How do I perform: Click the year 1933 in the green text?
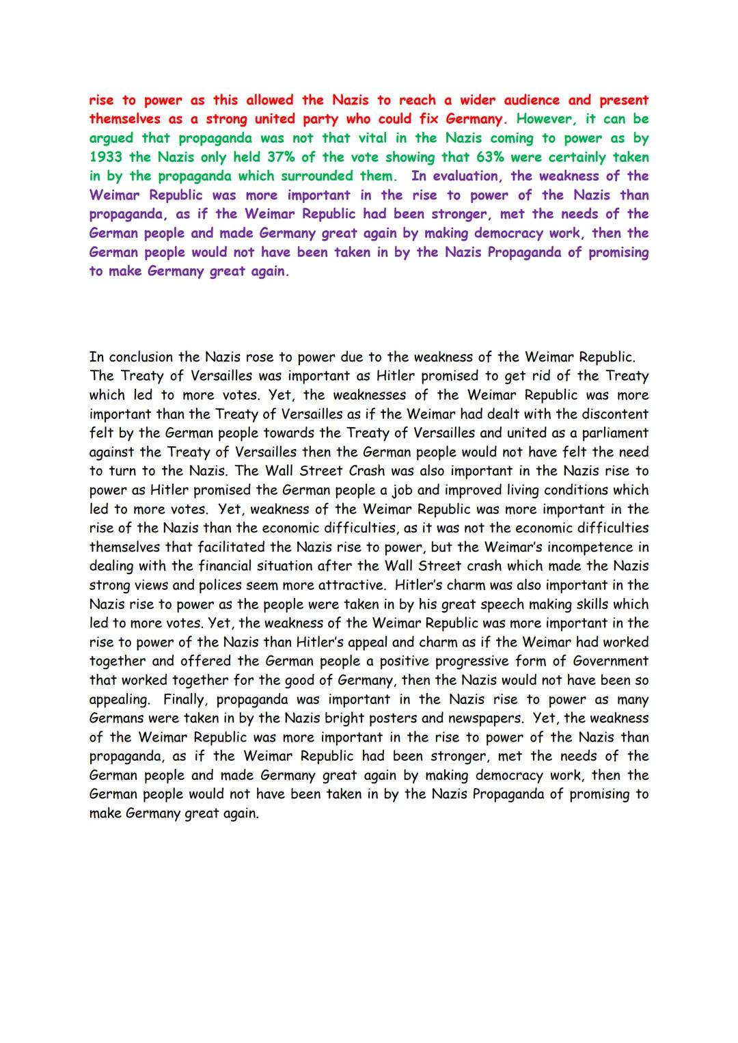click(x=105, y=157)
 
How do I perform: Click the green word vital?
click(x=372, y=138)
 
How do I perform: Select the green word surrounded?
click(x=318, y=176)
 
